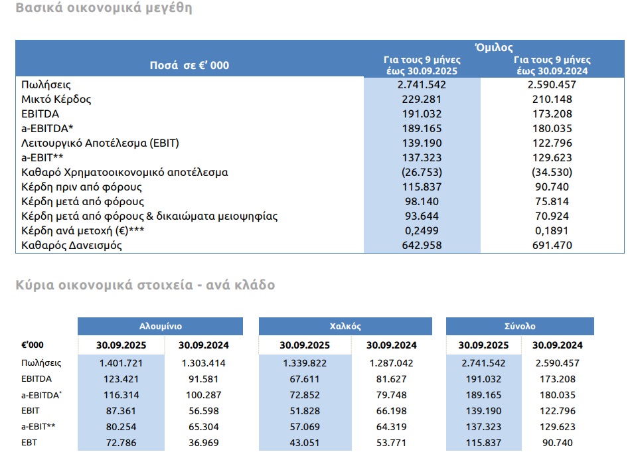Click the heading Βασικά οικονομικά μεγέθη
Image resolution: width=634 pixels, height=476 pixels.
point(104,9)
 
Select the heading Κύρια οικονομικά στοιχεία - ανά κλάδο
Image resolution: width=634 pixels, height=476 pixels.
point(145,285)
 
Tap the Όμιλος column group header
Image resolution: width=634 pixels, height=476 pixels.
point(494,47)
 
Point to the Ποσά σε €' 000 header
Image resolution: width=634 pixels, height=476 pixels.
point(189,65)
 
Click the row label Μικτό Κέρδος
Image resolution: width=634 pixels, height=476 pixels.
point(56,100)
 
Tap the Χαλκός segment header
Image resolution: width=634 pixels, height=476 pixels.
point(345,327)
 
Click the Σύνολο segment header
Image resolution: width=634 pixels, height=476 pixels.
point(520,327)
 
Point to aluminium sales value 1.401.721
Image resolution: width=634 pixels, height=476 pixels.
point(121,363)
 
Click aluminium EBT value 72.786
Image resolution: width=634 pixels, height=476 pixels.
point(121,443)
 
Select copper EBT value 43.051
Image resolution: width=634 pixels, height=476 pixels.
point(304,443)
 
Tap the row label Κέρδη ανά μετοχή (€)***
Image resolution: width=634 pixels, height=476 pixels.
point(82,230)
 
